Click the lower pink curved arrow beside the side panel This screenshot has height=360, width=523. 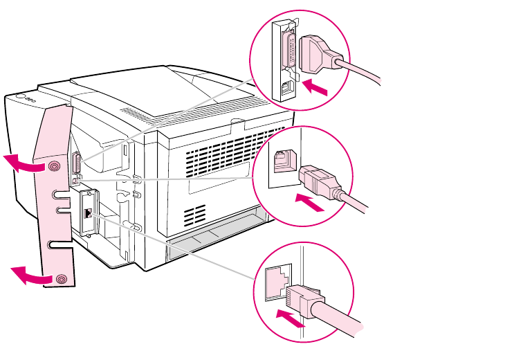click(30, 275)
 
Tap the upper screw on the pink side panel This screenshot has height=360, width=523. click(55, 166)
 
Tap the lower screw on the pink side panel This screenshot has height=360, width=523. click(62, 279)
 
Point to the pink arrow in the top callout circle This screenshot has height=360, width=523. click(318, 87)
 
